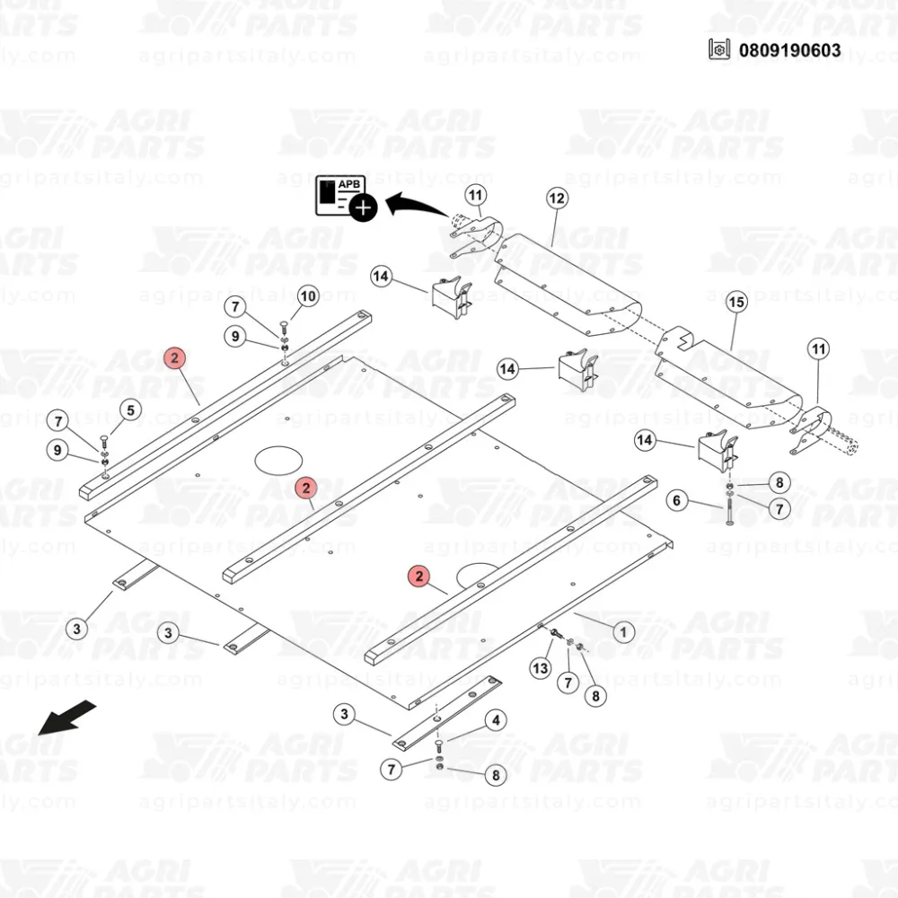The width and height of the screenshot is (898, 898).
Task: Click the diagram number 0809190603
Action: [790, 49]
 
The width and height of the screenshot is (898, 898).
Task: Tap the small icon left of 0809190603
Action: [719, 49]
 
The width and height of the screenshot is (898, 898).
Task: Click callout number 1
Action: [622, 632]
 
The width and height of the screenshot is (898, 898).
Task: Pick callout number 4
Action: [495, 720]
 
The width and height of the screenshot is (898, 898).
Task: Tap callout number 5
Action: [130, 411]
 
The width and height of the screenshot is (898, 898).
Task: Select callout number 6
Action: [677, 501]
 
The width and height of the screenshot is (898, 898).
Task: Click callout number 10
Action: [307, 295]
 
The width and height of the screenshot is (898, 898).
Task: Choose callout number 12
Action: [556, 198]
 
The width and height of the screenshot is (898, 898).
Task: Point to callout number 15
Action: [736, 302]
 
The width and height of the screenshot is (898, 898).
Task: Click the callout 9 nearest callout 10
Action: [235, 337]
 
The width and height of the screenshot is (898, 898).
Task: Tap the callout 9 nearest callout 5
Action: [57, 451]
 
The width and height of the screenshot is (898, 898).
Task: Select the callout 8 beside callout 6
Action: [779, 482]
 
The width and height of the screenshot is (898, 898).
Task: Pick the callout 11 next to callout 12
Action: [475, 194]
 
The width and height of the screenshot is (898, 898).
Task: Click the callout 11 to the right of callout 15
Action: [818, 348]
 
